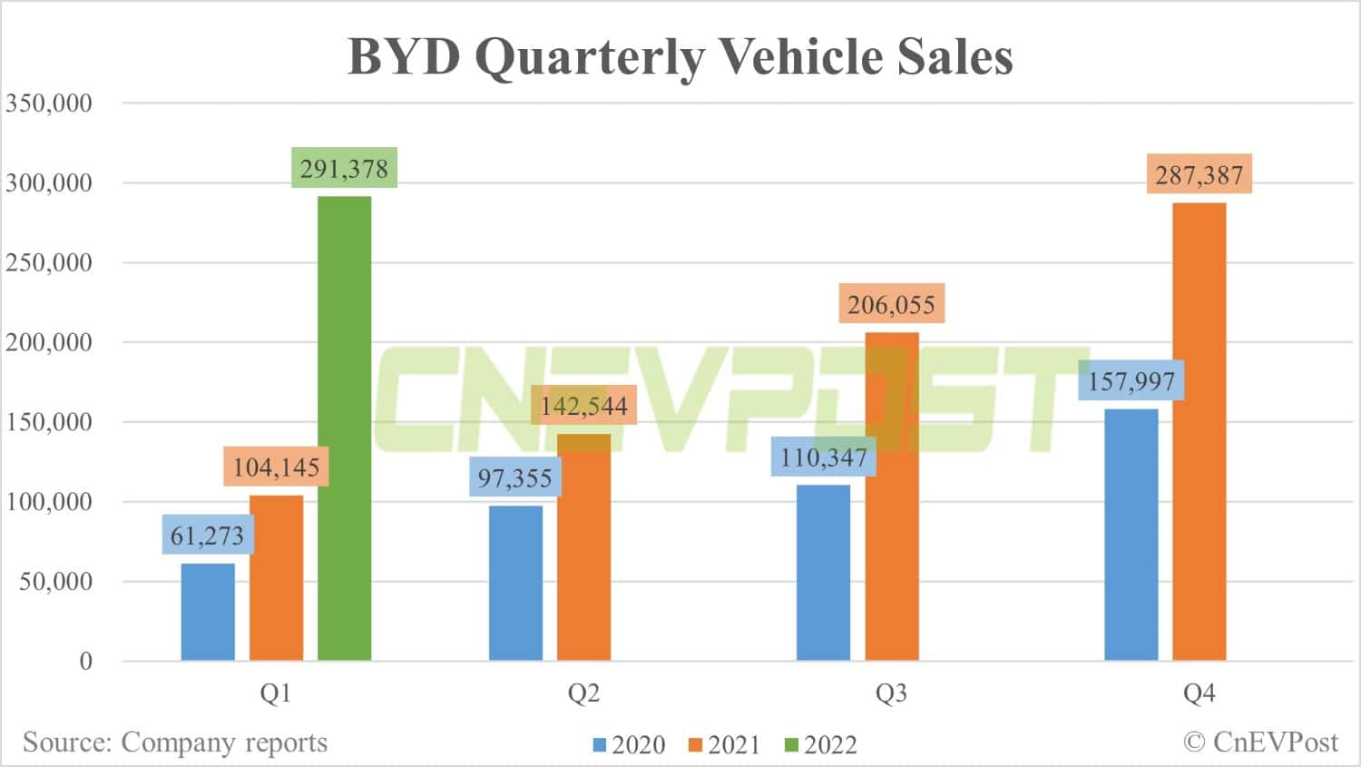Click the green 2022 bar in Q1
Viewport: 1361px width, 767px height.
pos(344,428)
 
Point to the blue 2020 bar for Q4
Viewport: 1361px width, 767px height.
pos(1131,535)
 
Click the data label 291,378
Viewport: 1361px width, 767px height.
pos(344,169)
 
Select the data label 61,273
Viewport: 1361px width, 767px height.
pos(208,536)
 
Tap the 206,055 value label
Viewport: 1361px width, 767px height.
pos(891,304)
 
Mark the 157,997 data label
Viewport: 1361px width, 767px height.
pos(1131,381)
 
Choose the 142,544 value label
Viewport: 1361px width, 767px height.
pos(583,406)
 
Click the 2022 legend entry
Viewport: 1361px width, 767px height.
pos(820,745)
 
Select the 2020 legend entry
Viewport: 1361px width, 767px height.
pos(629,745)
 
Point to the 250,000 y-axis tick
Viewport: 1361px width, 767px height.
pos(49,262)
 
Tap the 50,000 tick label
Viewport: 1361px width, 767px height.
pos(56,581)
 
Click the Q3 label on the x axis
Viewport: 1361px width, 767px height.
pos(891,693)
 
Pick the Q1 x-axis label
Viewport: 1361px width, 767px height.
pos(276,693)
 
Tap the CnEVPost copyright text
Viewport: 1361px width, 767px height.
pos(1260,742)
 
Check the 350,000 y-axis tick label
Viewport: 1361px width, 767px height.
pos(49,103)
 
